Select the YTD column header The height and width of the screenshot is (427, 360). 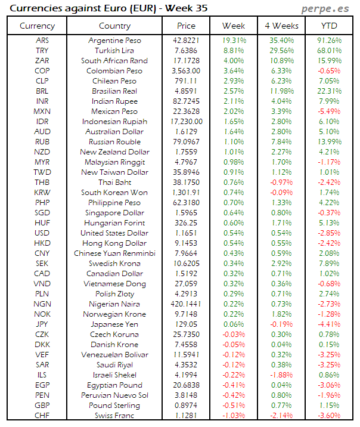click(330, 26)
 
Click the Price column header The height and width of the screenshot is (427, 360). click(186, 26)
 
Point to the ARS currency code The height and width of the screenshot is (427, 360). click(42, 41)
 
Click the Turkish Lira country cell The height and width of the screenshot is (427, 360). click(114, 51)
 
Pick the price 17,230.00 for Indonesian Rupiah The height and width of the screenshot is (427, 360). click(187, 122)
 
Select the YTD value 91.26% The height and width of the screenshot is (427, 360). click(330, 41)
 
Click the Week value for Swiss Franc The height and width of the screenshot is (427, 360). click(234, 415)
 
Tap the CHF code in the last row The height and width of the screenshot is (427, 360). click(42, 415)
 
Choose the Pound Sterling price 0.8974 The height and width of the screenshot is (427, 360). click(187, 405)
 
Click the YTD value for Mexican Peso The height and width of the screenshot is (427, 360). click(330, 112)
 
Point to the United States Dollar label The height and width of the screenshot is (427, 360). click(114, 233)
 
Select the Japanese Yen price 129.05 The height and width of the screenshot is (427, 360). click(187, 324)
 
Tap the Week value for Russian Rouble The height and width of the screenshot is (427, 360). click(234, 142)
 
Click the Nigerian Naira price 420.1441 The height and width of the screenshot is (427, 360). click(187, 304)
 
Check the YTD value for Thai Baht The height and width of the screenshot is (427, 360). click(330, 182)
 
